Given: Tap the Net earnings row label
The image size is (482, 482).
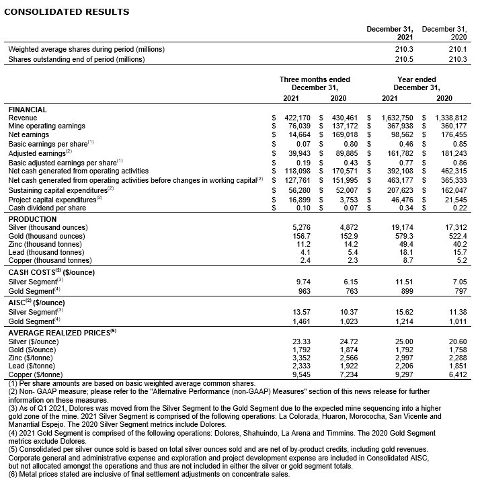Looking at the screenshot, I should click(28, 134).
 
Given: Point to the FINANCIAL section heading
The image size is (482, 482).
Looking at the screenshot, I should click(28, 109).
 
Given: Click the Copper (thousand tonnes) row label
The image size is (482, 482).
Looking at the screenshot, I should click(49, 260).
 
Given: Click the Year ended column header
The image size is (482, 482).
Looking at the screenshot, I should click(417, 79).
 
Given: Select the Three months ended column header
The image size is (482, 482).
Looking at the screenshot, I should click(315, 79).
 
